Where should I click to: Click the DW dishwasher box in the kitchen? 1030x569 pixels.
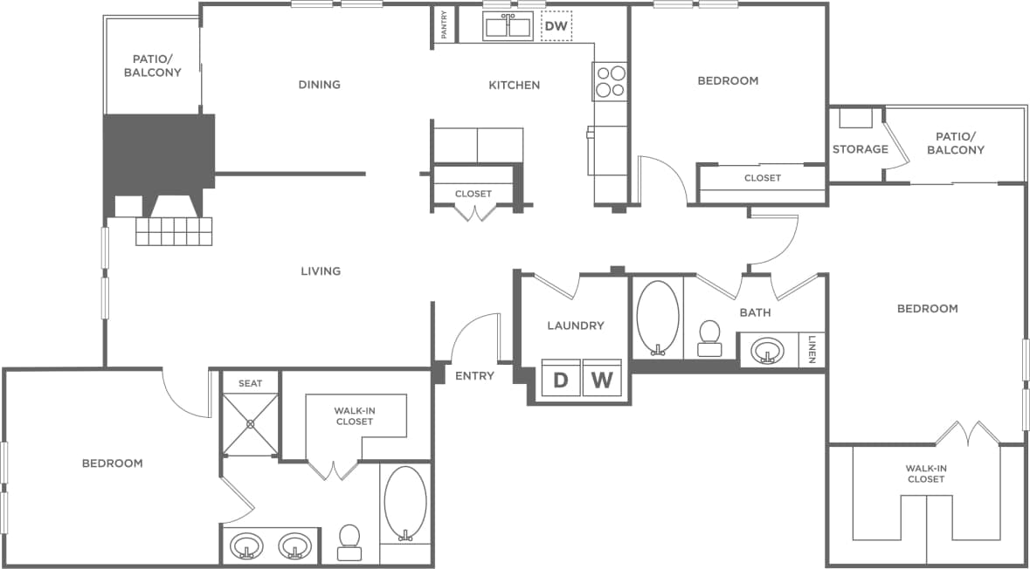click(x=556, y=26)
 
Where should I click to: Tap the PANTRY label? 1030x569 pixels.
click(x=444, y=24)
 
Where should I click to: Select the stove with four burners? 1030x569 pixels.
click(x=610, y=81)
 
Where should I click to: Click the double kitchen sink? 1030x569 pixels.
click(x=508, y=27)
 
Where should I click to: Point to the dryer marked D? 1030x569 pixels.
click(x=561, y=380)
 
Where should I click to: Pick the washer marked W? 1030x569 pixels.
click(x=601, y=380)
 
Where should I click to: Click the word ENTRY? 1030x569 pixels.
click(x=474, y=376)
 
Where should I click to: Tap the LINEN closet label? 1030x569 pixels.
click(x=812, y=349)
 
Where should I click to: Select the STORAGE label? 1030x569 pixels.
click(x=860, y=149)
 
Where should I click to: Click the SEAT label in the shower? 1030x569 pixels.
click(x=251, y=383)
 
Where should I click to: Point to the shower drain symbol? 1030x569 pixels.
click(x=251, y=424)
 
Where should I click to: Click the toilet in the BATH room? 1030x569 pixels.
click(x=709, y=338)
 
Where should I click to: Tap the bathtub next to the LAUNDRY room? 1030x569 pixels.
click(x=657, y=319)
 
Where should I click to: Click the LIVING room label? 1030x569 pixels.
click(x=321, y=271)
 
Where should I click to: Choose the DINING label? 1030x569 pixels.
click(x=319, y=85)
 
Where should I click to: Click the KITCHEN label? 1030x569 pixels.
click(x=514, y=85)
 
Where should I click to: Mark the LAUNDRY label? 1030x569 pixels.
click(x=575, y=326)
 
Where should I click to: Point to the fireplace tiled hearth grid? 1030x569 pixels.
click(x=174, y=231)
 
